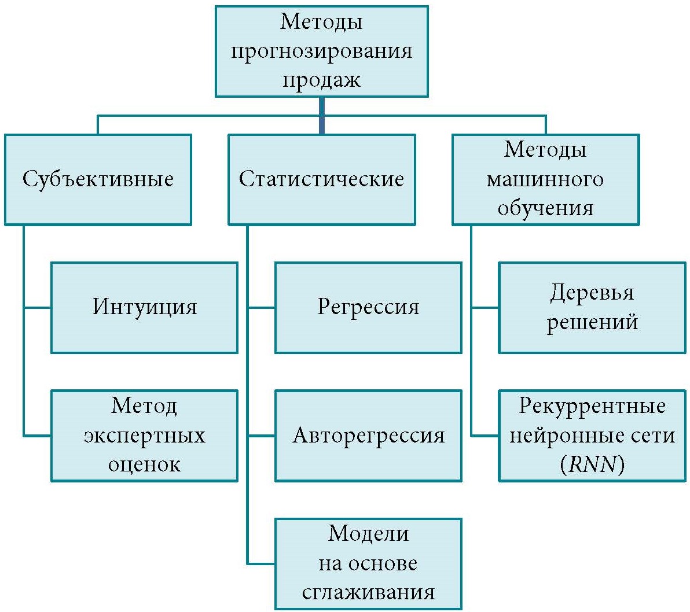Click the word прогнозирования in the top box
(321, 51)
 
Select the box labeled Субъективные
(98, 179)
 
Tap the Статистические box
(321, 179)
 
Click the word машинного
(545, 179)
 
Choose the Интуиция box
(144, 307)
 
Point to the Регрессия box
(368, 307)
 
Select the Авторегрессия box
(368, 435)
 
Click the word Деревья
(592, 293)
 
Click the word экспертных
(144, 435)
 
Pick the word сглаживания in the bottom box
(368, 592)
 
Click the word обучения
(545, 208)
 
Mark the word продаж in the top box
(321, 80)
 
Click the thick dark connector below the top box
(321, 115)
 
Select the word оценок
(144, 464)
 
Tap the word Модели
(368, 533)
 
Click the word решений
(592, 322)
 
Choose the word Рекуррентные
(592, 406)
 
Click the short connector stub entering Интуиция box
(38, 307)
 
